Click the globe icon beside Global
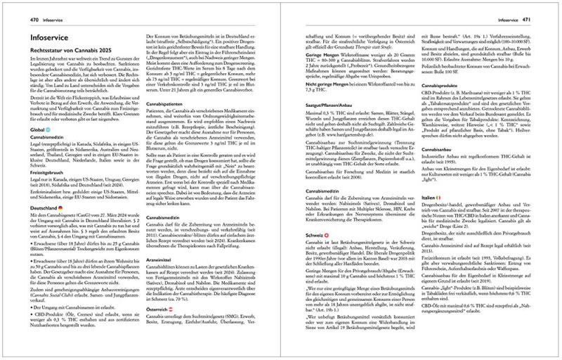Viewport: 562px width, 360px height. coord(32,149)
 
